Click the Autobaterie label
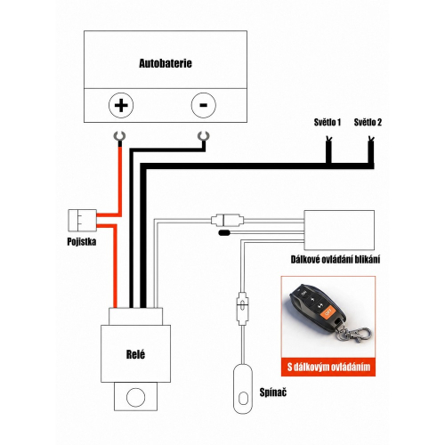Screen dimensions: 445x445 click(x=166, y=63)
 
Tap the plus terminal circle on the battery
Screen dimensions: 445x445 click(x=121, y=105)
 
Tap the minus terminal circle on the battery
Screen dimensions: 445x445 click(x=204, y=105)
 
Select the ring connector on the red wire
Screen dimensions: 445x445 click(x=120, y=136)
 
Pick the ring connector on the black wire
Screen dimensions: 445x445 click(x=204, y=136)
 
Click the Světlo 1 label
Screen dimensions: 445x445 click(x=328, y=122)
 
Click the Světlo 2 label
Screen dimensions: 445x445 click(x=368, y=122)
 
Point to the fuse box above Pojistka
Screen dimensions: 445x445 click(x=82, y=221)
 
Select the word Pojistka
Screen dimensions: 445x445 click(x=82, y=242)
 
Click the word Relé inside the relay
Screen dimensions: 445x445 click(x=135, y=354)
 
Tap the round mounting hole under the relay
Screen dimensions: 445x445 click(x=135, y=397)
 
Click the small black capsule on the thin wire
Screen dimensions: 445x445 click(x=224, y=233)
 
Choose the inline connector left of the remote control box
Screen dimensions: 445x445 click(x=228, y=221)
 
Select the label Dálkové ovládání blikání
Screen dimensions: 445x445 click(x=336, y=260)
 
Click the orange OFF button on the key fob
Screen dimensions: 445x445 click(x=328, y=312)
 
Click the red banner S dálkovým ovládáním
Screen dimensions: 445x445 click(x=328, y=367)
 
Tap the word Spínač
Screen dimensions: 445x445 click(x=273, y=392)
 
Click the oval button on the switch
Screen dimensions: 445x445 click(x=243, y=399)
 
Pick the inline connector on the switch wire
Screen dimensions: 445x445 click(x=242, y=308)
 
